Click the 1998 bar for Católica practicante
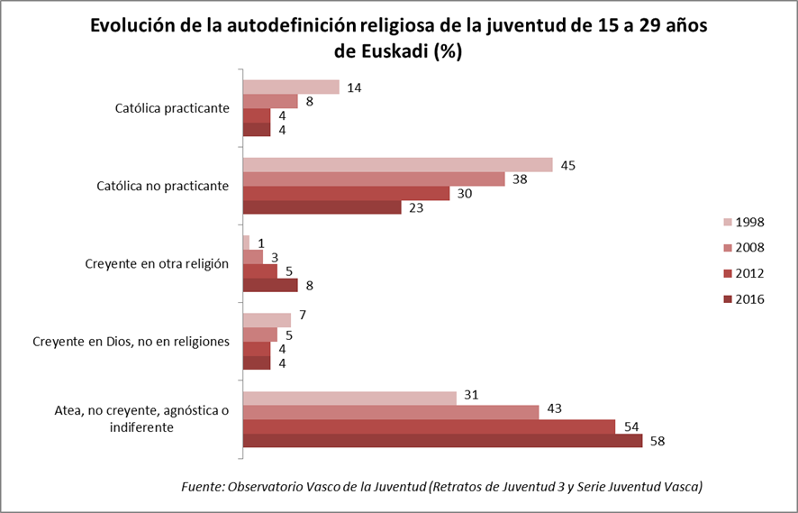point(291,87)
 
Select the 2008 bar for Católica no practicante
point(374,179)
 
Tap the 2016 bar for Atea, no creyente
point(442,441)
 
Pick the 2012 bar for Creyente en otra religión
point(259,271)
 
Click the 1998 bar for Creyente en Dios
point(267,320)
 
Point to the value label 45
point(567,165)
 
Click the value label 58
point(657,441)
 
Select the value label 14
point(354,87)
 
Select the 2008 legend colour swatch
point(725,248)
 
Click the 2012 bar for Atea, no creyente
point(429,426)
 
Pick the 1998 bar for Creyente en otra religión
point(246,243)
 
